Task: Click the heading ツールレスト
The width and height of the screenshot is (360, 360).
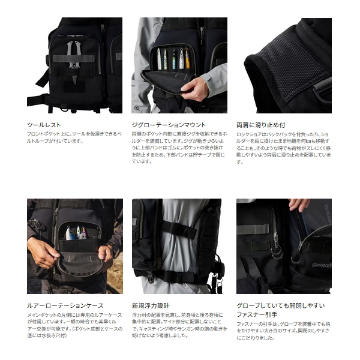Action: coord(44,124)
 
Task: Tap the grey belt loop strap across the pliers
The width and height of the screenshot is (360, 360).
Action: coord(73,59)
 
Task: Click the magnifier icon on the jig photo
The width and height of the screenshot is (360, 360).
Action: coord(137,108)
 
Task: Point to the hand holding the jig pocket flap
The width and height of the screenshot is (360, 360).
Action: coord(197,88)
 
